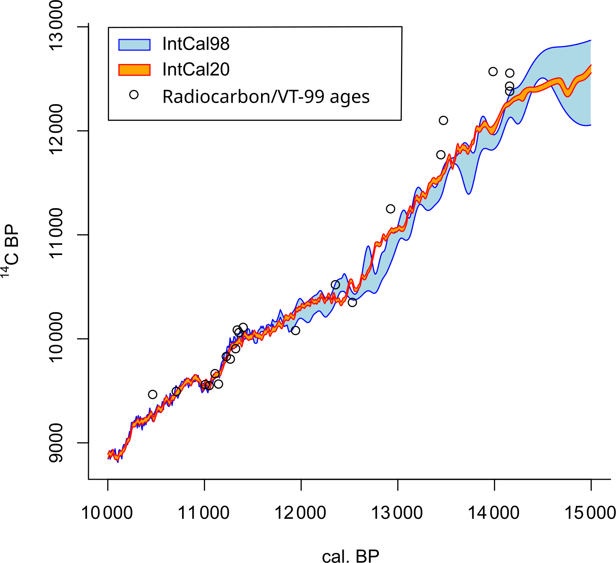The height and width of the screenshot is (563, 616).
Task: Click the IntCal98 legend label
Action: coord(196,44)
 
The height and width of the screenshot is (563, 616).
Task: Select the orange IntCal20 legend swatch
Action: coord(135,70)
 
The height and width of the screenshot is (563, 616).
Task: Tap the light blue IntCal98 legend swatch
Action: coord(135,45)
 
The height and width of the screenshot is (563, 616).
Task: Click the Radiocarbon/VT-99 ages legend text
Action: coord(266,97)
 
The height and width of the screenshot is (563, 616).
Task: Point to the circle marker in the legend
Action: coord(134,95)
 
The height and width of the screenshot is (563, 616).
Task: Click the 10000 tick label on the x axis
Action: coord(107,513)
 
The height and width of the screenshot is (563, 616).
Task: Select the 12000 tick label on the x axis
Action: coord(300,513)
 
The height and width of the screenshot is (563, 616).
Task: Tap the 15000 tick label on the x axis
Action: coord(590,513)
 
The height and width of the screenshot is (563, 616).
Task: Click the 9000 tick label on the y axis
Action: coord(56,443)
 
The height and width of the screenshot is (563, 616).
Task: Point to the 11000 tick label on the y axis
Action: coord(56,234)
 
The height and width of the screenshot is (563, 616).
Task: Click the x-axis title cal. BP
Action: coord(350,556)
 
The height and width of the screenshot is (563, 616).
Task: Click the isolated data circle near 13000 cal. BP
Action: coord(390,209)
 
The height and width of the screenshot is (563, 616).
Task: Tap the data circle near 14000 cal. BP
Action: coord(493,72)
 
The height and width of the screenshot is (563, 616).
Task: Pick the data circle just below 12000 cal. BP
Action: coord(295,331)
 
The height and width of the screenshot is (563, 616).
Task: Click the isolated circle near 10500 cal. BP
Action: coord(152,395)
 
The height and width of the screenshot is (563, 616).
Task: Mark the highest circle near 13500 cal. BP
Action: coord(443,121)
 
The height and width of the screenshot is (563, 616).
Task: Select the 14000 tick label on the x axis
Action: coord(494,513)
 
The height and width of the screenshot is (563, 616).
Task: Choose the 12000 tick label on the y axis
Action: coord(56,130)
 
